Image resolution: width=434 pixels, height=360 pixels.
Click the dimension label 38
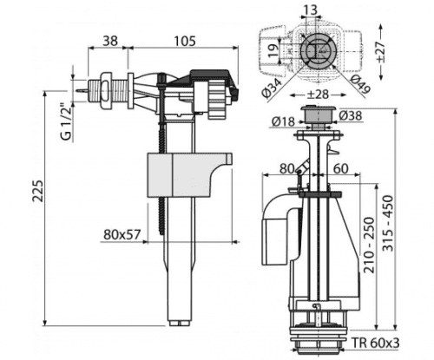[x=110, y=41]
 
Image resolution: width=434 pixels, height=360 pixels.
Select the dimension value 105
[x=185, y=41]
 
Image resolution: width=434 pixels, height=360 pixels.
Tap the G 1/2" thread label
[x=66, y=122]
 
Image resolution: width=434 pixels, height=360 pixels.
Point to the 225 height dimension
[x=37, y=191]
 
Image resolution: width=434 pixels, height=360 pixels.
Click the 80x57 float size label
[x=122, y=235]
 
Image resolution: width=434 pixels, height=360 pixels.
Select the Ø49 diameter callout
[x=360, y=84]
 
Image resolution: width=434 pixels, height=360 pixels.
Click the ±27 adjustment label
[x=380, y=51]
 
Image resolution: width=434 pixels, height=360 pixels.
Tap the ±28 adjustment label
[x=317, y=95]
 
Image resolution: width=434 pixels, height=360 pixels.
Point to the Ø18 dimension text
[x=283, y=121]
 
